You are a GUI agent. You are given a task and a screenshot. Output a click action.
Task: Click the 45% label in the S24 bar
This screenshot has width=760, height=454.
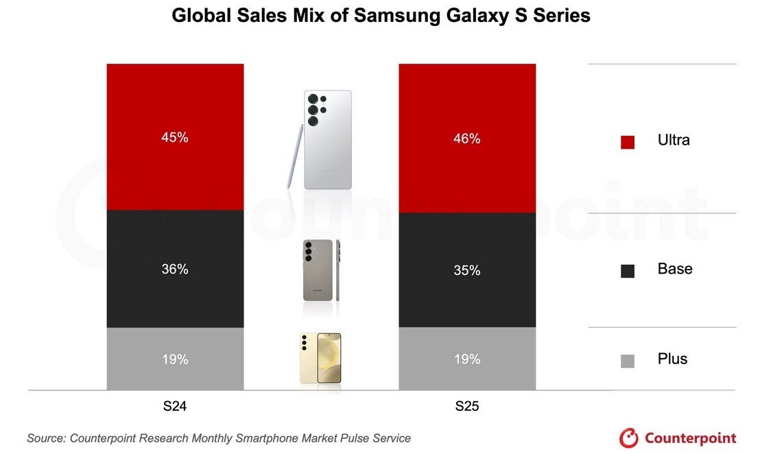[x=175, y=137]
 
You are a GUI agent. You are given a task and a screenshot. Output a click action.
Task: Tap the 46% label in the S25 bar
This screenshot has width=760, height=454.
[x=466, y=139]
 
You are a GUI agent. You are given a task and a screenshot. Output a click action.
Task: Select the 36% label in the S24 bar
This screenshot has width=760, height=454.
[x=175, y=270]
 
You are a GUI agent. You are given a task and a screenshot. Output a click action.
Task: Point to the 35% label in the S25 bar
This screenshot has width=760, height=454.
[x=466, y=271]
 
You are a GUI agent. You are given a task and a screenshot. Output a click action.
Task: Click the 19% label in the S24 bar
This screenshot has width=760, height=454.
[x=175, y=359]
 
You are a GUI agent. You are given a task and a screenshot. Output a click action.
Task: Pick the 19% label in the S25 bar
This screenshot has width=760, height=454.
[x=466, y=359]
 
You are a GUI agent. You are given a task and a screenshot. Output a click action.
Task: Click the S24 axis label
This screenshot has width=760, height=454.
[x=175, y=407]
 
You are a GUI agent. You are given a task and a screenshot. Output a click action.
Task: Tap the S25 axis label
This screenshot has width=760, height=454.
[x=466, y=407]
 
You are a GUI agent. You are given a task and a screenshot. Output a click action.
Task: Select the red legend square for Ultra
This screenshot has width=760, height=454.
[x=628, y=142]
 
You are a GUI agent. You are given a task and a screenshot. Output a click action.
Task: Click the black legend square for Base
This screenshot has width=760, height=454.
[x=628, y=271]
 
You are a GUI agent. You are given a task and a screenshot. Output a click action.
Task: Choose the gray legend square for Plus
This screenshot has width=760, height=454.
[x=628, y=361]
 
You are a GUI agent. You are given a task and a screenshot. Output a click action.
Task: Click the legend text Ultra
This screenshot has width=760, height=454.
[x=674, y=141]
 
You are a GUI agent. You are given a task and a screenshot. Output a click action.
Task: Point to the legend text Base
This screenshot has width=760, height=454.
[x=675, y=269]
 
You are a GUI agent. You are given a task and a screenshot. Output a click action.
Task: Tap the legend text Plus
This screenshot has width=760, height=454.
[x=672, y=359]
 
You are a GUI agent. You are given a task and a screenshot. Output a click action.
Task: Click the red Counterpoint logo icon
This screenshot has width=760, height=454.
[x=628, y=438]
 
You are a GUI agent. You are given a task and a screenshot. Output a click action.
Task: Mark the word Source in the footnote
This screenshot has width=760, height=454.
[x=47, y=438]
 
